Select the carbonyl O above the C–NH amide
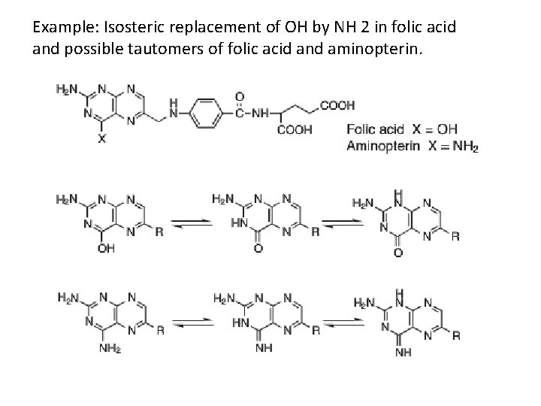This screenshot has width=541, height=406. [239, 98]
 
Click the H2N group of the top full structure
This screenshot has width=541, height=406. [66, 89]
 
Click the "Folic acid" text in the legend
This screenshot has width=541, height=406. [374, 130]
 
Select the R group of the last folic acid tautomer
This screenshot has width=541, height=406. [456, 237]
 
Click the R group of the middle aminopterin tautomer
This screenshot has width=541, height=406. [315, 329]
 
